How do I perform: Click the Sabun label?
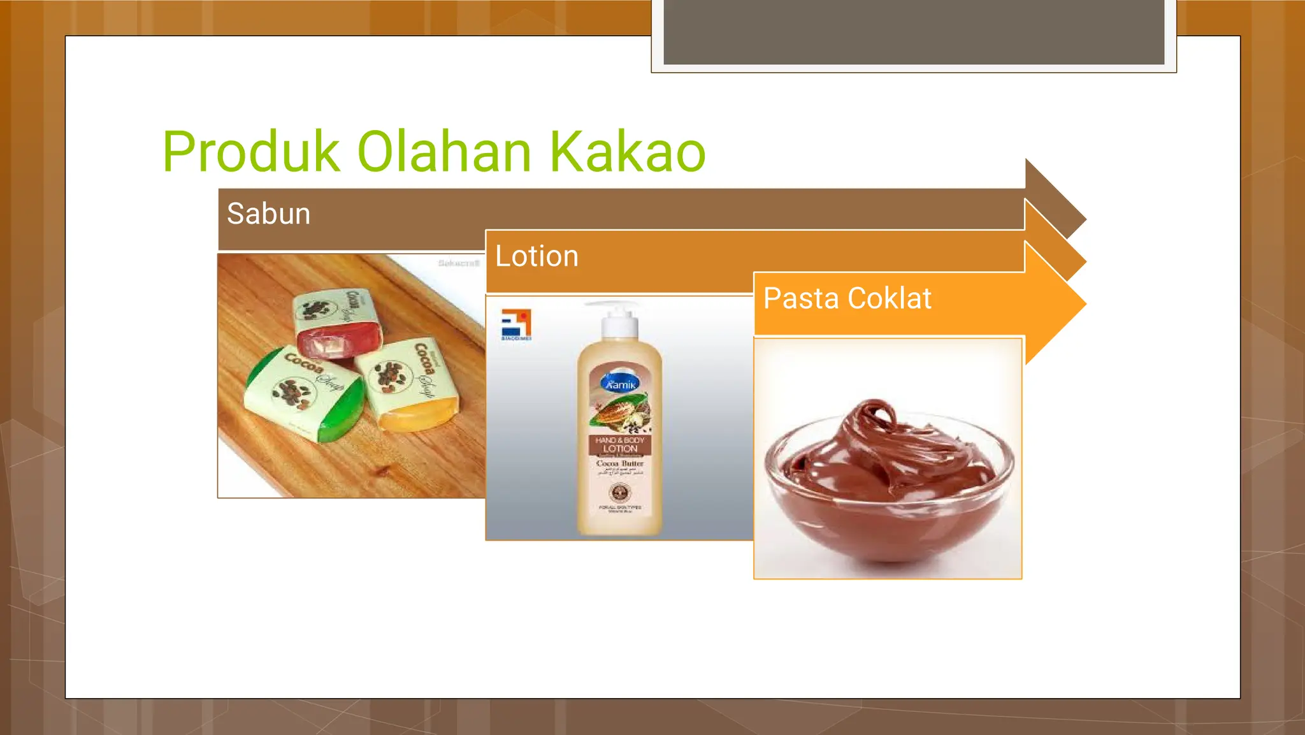point(268,214)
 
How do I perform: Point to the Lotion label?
point(537,256)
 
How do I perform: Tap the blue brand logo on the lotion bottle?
point(620,383)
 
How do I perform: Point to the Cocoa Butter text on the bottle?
point(620,463)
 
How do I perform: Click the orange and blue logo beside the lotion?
point(516,324)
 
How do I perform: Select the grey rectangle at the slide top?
point(914,32)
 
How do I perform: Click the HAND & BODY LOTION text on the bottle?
point(620,444)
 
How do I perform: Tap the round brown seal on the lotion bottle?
point(620,492)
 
